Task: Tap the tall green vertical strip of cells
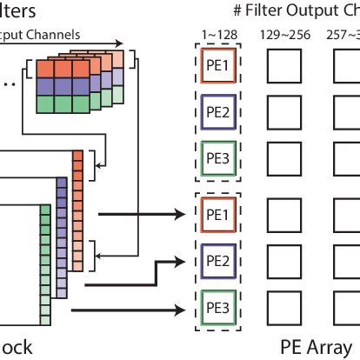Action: [x=45, y=270]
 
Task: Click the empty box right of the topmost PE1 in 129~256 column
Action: [x=282, y=66]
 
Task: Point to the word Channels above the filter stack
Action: [x=57, y=35]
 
